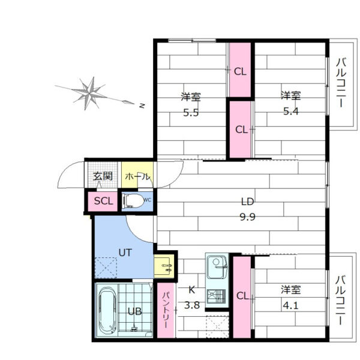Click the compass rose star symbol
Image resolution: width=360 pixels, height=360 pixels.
(x=90, y=93)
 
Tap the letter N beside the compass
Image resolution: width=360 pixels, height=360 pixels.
(x=142, y=106)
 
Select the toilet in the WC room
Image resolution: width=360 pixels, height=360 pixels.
(x=133, y=201)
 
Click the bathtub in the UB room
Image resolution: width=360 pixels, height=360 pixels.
(x=107, y=310)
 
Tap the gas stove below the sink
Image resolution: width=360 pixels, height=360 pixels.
(x=216, y=296)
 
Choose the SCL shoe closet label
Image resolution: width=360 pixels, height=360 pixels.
(x=104, y=202)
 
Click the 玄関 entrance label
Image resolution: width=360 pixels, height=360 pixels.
(x=103, y=176)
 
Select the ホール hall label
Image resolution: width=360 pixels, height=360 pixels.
(x=137, y=176)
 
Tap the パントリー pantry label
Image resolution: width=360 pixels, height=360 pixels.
(x=166, y=310)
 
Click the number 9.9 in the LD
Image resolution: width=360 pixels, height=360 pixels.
(x=247, y=217)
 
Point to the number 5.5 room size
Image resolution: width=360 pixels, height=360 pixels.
(x=191, y=113)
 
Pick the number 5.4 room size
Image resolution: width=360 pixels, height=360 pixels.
(x=290, y=112)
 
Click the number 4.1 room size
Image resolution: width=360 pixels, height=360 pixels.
(x=290, y=305)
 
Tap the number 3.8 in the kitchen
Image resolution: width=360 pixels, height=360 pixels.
(x=192, y=305)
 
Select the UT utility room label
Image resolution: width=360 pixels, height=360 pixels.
(x=125, y=253)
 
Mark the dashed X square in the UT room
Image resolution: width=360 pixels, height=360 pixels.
(x=106, y=268)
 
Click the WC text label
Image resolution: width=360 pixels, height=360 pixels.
(x=147, y=200)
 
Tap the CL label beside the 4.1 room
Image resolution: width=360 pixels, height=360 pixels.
(x=242, y=296)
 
